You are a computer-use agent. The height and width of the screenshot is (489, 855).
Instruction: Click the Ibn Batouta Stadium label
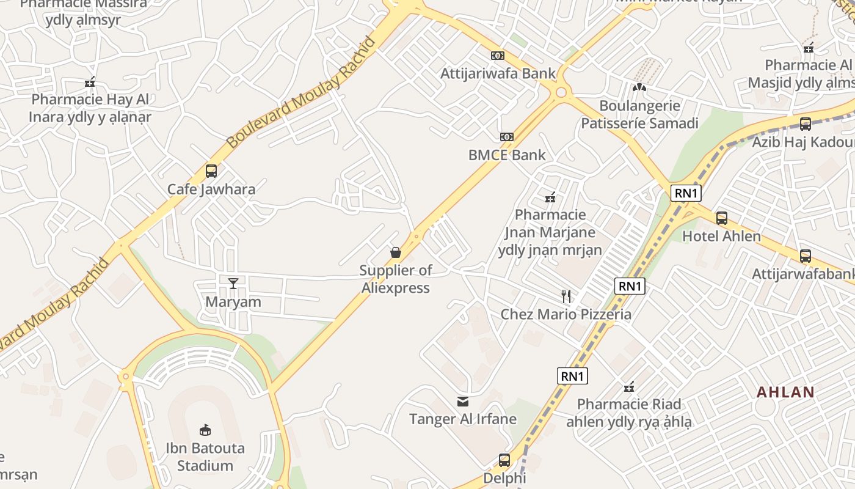(205, 457)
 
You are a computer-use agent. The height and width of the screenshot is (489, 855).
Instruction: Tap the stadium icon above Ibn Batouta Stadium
(205, 430)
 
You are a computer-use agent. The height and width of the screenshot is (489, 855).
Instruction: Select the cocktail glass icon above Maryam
(233, 283)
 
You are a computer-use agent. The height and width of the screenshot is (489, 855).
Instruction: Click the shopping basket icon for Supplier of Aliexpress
(396, 252)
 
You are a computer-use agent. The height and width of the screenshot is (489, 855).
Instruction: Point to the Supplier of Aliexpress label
(395, 279)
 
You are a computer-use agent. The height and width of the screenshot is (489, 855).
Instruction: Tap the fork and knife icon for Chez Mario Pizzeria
(566, 296)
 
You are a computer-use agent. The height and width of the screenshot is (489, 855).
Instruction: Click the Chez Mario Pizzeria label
(566, 314)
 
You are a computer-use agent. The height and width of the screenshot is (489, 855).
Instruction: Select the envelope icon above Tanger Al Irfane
(463, 402)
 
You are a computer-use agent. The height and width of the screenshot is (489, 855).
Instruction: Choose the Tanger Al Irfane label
(463, 419)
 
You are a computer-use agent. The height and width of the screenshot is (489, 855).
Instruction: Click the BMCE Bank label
(507, 155)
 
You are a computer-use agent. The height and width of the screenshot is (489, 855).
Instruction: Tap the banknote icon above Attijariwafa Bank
(498, 56)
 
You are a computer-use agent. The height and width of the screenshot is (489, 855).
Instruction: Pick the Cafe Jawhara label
(211, 189)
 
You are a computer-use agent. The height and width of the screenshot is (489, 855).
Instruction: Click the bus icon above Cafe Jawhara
(211, 171)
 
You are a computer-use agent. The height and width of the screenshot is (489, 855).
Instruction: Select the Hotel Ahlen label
(721, 236)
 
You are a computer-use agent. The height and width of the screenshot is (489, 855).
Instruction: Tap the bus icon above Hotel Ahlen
(722, 218)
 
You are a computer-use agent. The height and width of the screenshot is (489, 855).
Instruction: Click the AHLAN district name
(785, 392)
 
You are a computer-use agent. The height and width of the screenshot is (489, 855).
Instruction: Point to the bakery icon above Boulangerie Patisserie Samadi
(639, 87)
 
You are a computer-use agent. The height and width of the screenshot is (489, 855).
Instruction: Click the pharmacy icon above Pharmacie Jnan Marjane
(550, 197)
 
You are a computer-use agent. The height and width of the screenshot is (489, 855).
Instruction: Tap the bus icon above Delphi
(504, 460)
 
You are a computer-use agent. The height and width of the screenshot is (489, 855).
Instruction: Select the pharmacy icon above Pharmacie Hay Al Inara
(90, 81)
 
